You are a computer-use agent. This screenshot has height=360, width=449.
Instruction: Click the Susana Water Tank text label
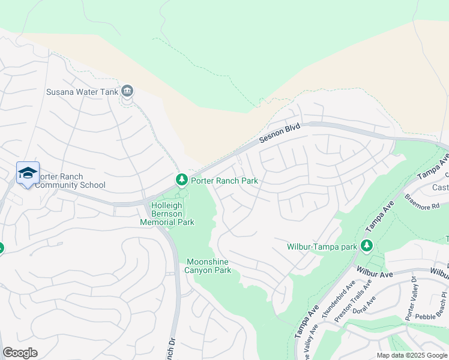coord(82,92)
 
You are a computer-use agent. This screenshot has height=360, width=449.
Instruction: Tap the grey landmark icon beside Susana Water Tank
coord(127,91)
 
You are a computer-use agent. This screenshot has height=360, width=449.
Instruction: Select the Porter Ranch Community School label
coord(70,181)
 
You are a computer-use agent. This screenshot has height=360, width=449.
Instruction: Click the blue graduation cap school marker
coord(28,173)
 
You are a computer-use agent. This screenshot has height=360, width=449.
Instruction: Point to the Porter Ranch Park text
coord(224,181)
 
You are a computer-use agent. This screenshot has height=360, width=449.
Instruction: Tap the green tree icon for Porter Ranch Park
coord(181,179)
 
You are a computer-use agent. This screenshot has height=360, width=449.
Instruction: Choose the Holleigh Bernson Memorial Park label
coord(171,214)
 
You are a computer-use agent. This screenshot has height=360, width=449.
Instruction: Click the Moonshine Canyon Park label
coord(209,266)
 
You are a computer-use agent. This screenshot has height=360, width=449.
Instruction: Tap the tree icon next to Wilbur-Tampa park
coord(366,245)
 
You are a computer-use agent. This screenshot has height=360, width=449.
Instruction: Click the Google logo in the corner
coord(20,353)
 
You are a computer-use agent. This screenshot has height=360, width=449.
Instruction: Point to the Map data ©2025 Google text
coord(411,355)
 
